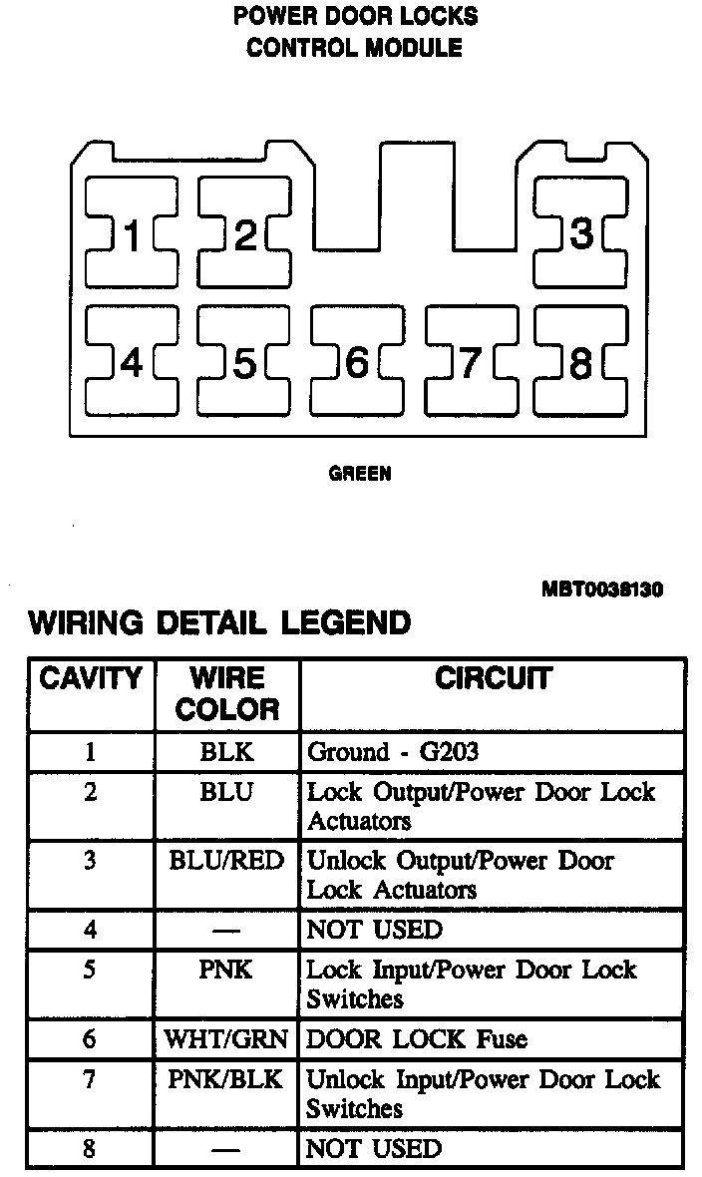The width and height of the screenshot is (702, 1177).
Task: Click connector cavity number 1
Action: pos(131,235)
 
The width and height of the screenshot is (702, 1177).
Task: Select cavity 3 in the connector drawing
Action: pos(581,235)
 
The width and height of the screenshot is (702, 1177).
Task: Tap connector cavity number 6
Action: pos(357,363)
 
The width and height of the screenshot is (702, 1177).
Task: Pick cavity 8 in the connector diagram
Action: pos(581,363)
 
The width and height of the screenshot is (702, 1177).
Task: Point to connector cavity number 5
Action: pos(244,363)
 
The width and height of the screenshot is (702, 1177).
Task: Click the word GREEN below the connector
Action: pos(360,474)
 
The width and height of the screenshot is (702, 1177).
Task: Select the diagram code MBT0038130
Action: pos(602,588)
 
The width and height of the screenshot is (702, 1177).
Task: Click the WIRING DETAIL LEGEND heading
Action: pos(219,623)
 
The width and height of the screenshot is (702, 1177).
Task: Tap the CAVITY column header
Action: pos(91,679)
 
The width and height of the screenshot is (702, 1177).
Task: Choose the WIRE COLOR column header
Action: pos(227,694)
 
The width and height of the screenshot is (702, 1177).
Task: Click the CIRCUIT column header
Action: pos(493,679)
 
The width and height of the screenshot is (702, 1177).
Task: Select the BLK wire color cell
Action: pos(227,752)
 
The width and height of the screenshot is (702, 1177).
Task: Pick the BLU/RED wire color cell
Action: pos(227,861)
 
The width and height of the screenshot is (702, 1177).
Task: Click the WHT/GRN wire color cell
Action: pos(227,1039)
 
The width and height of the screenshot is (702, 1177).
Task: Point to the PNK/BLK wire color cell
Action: pos(227,1079)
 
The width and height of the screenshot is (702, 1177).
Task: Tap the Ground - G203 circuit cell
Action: pos(393,752)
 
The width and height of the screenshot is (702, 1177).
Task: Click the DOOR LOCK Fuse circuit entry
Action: pos(417,1039)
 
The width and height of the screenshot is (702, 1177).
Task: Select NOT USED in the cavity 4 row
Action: pos(374,931)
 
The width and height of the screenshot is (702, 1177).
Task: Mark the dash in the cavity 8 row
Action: pos(227,1149)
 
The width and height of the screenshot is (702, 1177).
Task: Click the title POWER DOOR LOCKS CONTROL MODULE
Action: pos(355,32)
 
